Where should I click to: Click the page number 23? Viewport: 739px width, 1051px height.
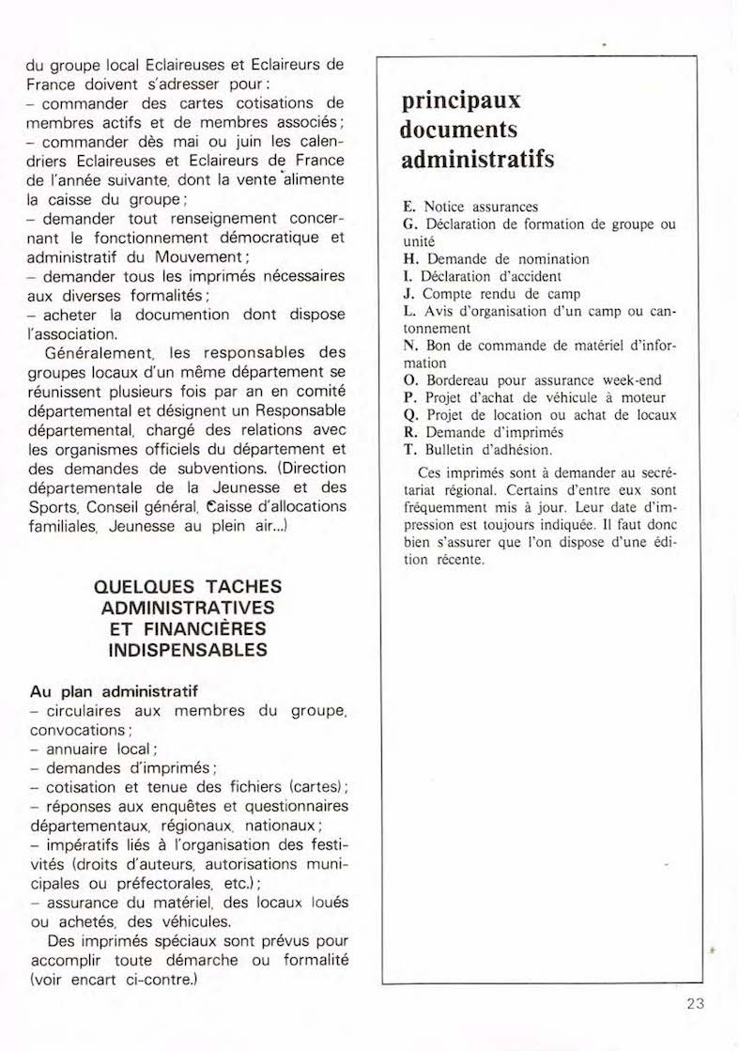[695, 1003]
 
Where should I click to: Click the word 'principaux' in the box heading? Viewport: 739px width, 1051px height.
[460, 100]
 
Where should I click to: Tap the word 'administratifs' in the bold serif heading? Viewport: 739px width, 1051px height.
[477, 159]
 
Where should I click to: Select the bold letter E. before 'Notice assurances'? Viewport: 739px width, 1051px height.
[408, 207]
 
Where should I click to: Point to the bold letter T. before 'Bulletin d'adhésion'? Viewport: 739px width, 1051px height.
[408, 449]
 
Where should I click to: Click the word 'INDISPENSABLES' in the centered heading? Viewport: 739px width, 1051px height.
[188, 650]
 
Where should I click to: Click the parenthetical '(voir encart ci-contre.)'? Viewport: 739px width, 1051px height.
[116, 980]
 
